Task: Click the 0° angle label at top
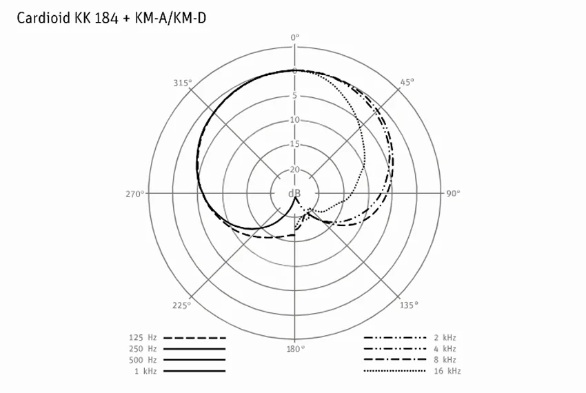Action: [x=295, y=37]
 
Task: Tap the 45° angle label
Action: [x=407, y=82]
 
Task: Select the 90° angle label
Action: [x=453, y=193]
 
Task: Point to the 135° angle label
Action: [x=409, y=305]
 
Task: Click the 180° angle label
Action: [x=296, y=349]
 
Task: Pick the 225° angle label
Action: [x=181, y=305]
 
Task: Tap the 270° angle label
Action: [x=135, y=194]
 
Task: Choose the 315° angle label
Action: [x=183, y=83]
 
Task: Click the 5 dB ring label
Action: [x=294, y=95]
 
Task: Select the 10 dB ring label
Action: [x=295, y=120]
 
